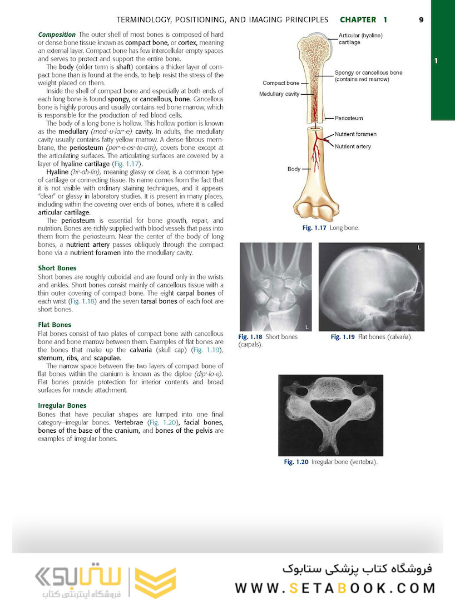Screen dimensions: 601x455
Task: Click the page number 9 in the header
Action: click(421, 19)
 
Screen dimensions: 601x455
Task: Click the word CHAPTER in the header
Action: click(358, 19)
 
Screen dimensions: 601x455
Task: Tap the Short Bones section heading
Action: click(57, 268)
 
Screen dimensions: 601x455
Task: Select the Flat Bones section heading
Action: click(55, 325)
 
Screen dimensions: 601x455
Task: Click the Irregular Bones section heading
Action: click(62, 405)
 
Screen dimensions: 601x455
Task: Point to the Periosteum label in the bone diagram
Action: click(349, 118)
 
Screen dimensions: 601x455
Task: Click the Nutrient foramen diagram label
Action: click(355, 134)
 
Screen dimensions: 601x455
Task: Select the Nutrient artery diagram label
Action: click(353, 146)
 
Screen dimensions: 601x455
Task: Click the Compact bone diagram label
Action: click(281, 83)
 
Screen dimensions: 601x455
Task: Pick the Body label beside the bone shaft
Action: click(294, 168)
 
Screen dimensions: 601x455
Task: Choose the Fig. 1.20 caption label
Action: click(296, 462)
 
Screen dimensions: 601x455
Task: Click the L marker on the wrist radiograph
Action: click(306, 326)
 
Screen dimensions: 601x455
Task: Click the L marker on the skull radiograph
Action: click(419, 247)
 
